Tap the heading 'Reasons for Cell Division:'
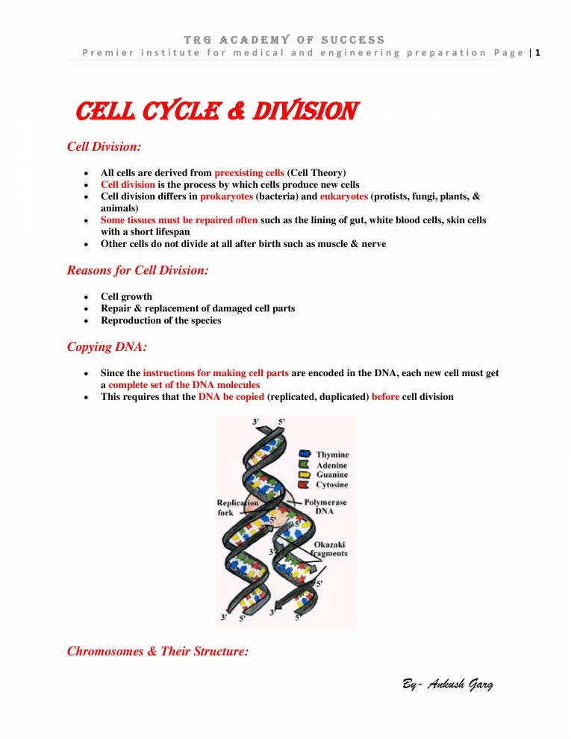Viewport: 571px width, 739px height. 137,271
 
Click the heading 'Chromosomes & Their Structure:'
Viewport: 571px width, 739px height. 157,651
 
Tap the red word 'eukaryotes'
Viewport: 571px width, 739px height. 344,196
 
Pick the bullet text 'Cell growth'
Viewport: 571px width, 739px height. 126,296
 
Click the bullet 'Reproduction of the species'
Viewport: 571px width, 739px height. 160,320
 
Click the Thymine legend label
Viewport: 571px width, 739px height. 332,455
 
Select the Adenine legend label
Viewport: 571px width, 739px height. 331,465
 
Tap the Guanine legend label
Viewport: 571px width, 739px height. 331,475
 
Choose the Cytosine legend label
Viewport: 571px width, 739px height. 332,485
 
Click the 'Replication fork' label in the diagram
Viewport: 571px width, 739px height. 234,508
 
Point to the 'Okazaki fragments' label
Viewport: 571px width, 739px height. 330,549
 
